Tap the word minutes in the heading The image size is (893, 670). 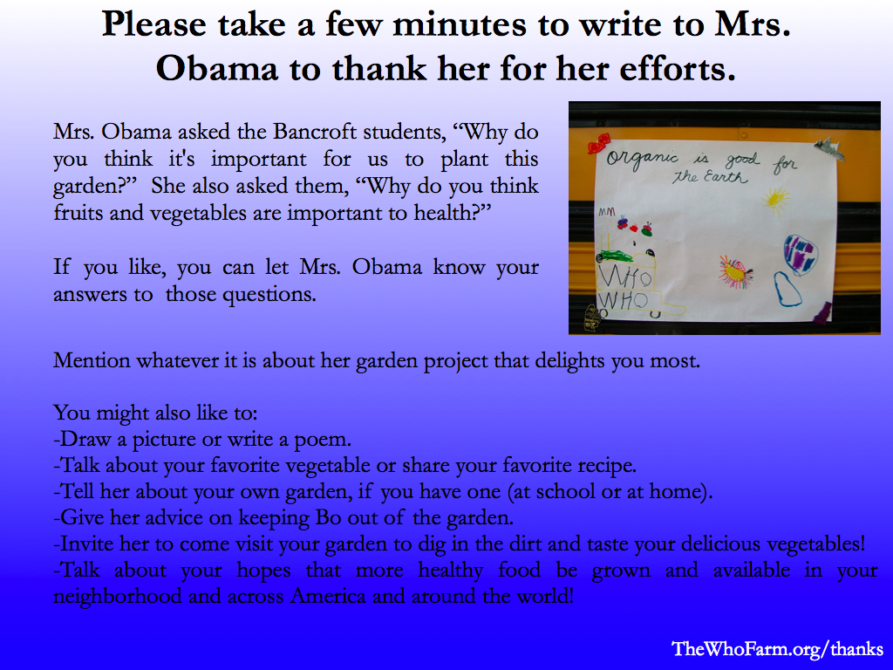[x=460, y=25]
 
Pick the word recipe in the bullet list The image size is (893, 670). [x=607, y=466]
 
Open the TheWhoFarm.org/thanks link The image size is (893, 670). [x=777, y=648]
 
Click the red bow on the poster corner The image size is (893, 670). [x=598, y=144]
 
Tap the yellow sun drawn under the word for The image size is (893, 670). [x=775, y=201]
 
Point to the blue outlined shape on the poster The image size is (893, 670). [x=787, y=289]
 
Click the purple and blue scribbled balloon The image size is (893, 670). [x=801, y=255]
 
